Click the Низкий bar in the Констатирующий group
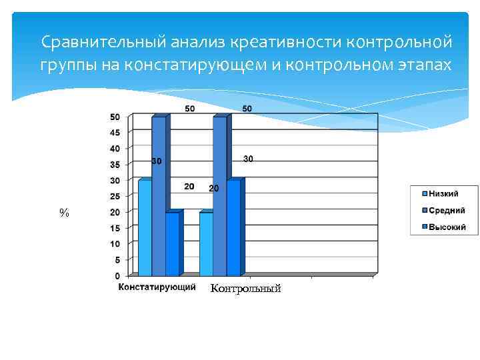[x=145, y=228]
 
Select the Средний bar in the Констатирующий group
[x=159, y=197]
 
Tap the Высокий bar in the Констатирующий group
[x=172, y=244]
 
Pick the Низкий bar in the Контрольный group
[x=206, y=244]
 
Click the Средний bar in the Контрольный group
[x=220, y=197]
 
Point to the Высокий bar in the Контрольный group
[x=233, y=228]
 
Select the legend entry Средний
[x=446, y=210]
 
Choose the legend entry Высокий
[x=446, y=227]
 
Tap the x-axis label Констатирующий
[x=157, y=287]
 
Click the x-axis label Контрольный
[x=245, y=289]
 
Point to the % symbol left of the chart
[x=64, y=213]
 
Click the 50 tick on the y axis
[x=115, y=117]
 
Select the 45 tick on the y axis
[x=115, y=133]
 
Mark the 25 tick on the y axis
[x=115, y=196]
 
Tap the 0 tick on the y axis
[x=117, y=275]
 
